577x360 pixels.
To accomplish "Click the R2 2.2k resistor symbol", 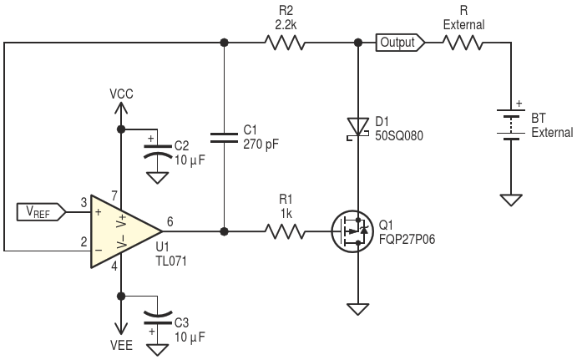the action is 285,43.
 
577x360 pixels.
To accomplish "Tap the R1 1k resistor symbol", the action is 285,231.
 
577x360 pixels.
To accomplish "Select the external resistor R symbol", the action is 463,43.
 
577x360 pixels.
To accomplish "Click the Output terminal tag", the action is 400,43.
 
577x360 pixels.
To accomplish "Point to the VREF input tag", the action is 41,212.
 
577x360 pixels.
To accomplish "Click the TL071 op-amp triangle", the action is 126,231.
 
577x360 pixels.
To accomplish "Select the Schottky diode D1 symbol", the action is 358,129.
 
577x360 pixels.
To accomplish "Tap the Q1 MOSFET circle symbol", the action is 352,231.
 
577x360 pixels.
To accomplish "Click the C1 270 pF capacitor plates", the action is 224,138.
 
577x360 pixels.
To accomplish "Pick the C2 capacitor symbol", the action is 158,151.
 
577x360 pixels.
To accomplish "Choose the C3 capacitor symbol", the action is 158,317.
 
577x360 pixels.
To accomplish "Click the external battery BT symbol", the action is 511,125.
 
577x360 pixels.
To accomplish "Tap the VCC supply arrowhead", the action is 121,108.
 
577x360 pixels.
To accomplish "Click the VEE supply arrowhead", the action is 121,329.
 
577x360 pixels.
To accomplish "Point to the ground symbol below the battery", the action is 511,200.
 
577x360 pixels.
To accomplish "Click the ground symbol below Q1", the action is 358,309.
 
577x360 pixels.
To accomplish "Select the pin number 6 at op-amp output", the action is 170,221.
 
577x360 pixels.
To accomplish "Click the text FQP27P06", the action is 407,239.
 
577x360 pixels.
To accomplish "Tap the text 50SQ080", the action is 399,135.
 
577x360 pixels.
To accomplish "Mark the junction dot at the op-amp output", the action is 224,231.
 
